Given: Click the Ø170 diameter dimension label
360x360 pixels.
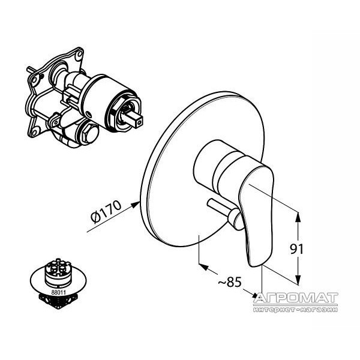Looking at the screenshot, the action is pos(106,212).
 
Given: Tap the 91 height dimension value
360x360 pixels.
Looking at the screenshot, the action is pos(297,249).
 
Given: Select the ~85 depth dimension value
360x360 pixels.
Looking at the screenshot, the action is pos(230,282).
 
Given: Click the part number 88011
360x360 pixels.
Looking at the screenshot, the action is pos(59,293).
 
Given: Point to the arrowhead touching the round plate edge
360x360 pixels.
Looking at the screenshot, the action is pos(136,204).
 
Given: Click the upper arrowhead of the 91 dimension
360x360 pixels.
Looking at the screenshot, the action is pos(298,217).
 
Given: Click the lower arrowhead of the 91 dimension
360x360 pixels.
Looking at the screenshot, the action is pos(298,280).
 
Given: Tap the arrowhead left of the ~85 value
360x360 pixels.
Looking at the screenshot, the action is pos(203,267).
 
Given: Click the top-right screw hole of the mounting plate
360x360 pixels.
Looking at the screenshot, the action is pos(79,55).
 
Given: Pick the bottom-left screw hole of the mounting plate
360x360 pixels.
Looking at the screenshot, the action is pos(35,132).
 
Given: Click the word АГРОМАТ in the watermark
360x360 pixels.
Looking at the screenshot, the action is pos(296,298).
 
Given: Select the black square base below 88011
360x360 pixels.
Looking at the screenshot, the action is pos(59,301).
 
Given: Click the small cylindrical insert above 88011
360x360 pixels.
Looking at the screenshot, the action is pos(56,272).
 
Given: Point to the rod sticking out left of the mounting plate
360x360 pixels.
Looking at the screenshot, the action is pos(33,70).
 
